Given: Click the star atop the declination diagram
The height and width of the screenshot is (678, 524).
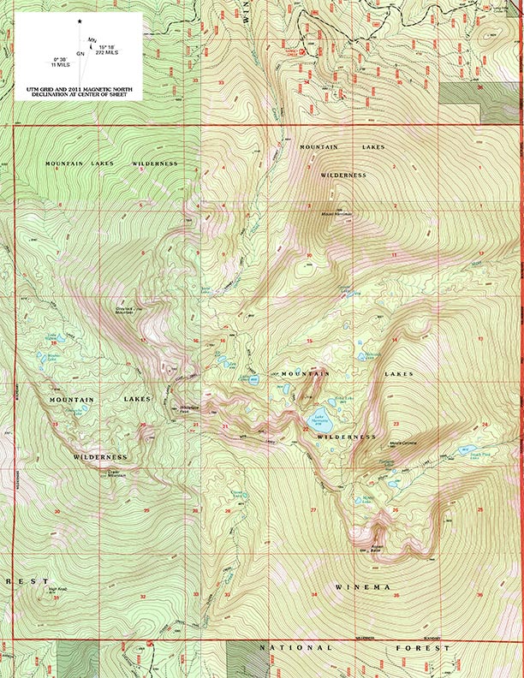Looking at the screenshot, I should coord(80,21).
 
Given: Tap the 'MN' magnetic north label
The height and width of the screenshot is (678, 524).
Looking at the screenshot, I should coord(92,39).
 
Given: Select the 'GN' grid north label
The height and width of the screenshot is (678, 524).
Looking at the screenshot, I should coord(80,54).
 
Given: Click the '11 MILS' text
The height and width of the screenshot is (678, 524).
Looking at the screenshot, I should coord(60,64).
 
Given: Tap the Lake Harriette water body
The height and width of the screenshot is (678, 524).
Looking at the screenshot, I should coord(321,421).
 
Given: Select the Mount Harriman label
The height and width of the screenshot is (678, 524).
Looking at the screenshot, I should coord(330,213).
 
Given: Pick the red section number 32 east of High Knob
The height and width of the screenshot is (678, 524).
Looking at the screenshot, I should coord(143,596).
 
